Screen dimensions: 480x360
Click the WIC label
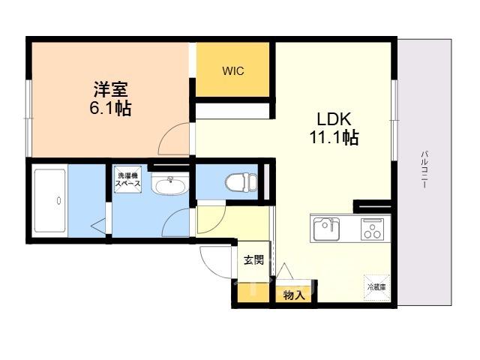[233, 71]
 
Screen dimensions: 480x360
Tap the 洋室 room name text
[111, 89]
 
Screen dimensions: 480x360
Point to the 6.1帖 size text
[111, 108]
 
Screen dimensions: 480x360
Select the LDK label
[334, 119]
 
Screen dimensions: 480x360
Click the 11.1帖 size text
[334, 137]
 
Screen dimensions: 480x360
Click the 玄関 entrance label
[253, 260]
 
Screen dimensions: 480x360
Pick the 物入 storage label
[294, 295]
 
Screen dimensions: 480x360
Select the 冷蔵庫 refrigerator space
[376, 288]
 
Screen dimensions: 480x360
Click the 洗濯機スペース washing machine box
[127, 180]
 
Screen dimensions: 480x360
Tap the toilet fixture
[241, 182]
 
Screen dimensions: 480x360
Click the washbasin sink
[170, 184]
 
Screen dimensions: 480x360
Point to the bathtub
[50, 201]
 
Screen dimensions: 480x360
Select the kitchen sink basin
[326, 229]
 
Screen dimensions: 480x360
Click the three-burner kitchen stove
[372, 229]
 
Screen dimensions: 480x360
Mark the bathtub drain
[58, 201]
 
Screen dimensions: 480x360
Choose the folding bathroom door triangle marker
[98, 226]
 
